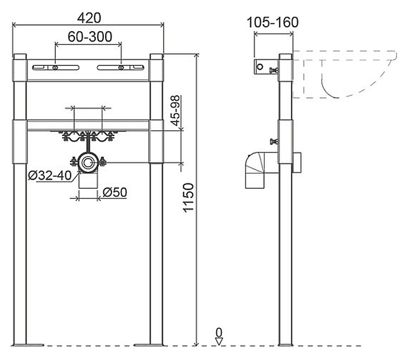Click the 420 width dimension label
[x=89, y=18]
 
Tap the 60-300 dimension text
[x=90, y=36]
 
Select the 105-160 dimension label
[x=273, y=22]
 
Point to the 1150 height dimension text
[x=189, y=197]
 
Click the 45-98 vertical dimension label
[x=176, y=110]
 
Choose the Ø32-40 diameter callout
[x=49, y=175]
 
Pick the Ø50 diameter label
[x=115, y=192]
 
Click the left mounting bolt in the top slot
[x=55, y=68]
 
